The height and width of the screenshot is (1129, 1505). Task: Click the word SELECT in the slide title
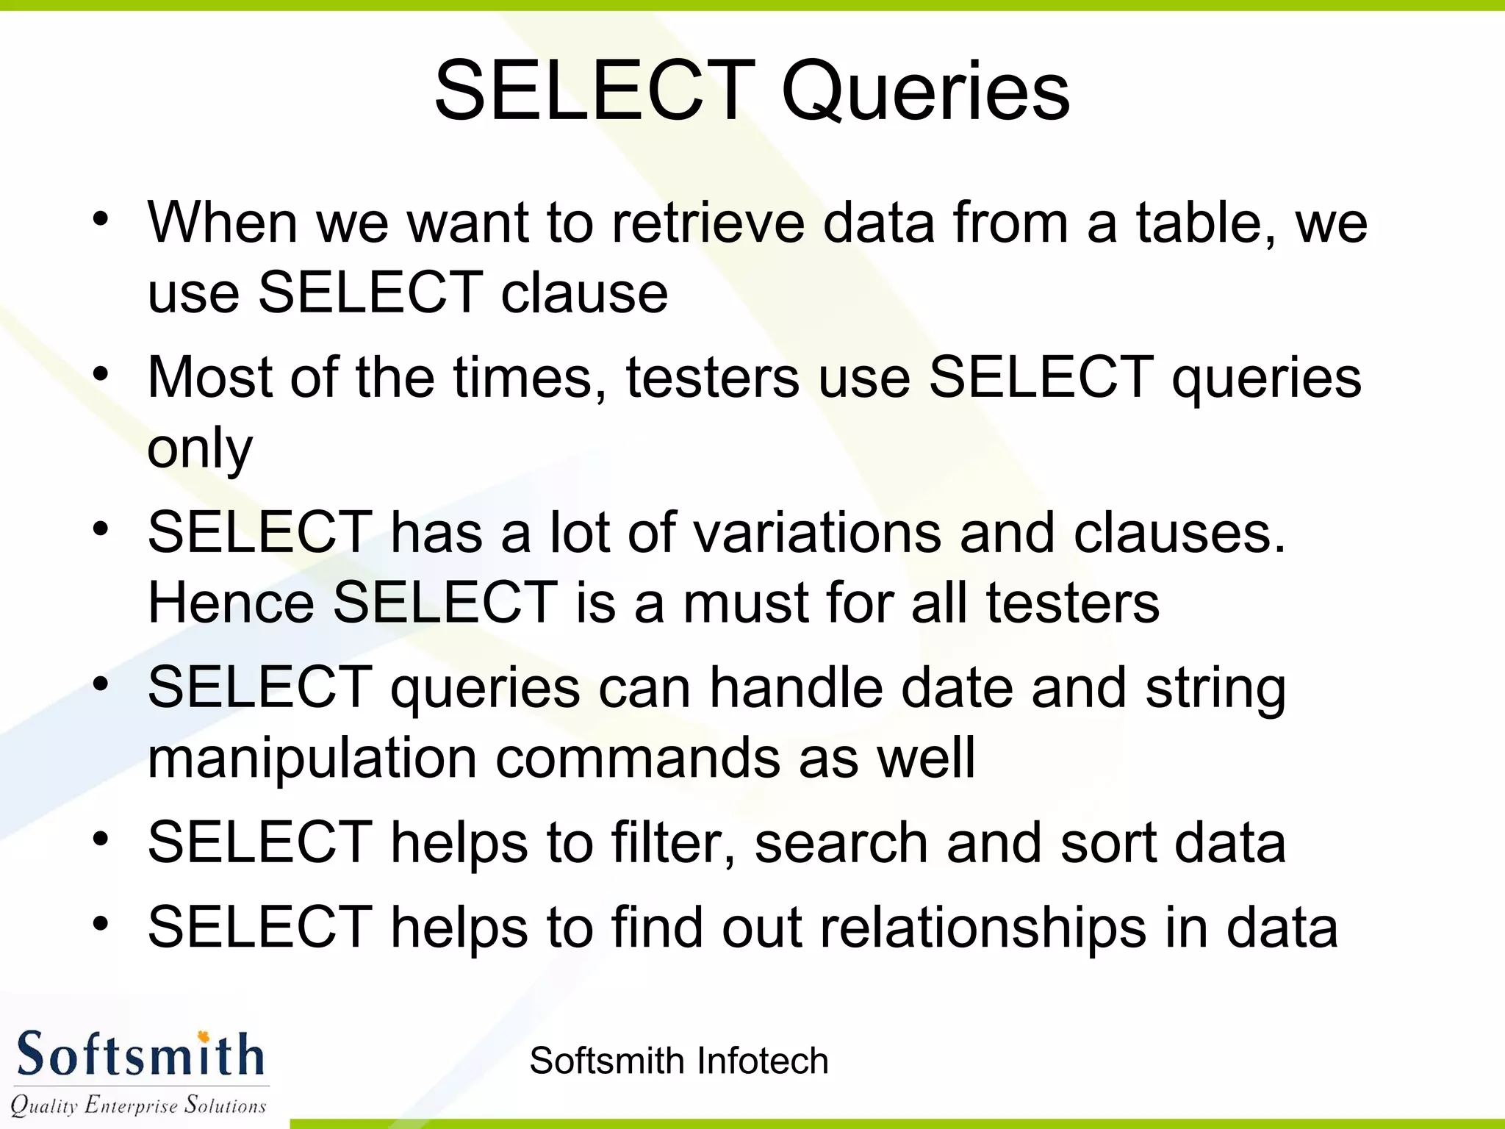[594, 91]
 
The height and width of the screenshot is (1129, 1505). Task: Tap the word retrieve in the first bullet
[708, 222]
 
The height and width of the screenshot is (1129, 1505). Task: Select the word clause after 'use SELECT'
[584, 293]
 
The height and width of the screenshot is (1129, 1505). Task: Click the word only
[200, 448]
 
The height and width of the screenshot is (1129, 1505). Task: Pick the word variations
[816, 532]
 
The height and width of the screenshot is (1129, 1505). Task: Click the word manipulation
[312, 758]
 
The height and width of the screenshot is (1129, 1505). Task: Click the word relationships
[983, 928]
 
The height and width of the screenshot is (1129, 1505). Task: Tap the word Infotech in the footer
[762, 1061]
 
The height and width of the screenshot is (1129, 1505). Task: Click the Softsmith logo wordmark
[140, 1055]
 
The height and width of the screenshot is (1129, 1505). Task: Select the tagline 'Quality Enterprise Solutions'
[138, 1105]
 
